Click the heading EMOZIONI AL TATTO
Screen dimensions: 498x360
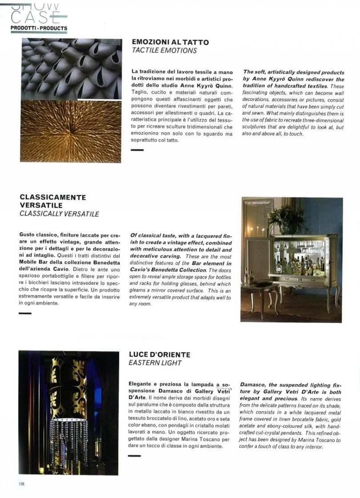[x=170, y=42]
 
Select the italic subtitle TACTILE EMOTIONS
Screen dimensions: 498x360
[x=164, y=51]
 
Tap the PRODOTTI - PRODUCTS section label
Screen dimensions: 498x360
[x=39, y=28]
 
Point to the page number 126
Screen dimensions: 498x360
[x=21, y=484]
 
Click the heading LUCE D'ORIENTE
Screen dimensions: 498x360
[x=160, y=355]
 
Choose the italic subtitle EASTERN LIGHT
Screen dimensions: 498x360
[x=155, y=363]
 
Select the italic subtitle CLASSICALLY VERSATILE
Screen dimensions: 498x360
[x=59, y=214]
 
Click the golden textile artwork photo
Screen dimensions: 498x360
[x=70, y=131]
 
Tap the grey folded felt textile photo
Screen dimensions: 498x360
[x=71, y=69]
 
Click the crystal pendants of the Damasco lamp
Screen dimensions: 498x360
[x=69, y=440]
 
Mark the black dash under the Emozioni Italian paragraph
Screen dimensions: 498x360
[x=137, y=150]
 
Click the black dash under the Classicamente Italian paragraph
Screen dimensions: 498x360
[x=25, y=314]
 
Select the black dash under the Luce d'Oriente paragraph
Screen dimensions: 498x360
[x=134, y=456]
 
